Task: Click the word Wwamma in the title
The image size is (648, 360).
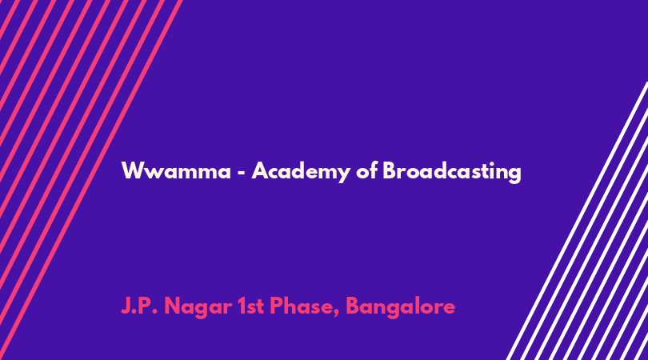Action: [176, 170]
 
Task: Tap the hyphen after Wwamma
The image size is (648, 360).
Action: [242, 172]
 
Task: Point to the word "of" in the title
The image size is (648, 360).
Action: [367, 170]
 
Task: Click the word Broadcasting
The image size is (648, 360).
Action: [452, 171]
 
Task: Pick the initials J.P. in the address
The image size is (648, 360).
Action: [139, 306]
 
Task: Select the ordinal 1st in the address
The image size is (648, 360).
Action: [251, 306]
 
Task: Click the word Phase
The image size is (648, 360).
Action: [302, 306]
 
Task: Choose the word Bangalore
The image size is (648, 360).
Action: [401, 307]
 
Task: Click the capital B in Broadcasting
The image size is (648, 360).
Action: [390, 170]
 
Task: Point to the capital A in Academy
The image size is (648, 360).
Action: [260, 170]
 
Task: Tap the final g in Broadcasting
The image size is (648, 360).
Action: [515, 174]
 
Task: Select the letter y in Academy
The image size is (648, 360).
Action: [344, 174]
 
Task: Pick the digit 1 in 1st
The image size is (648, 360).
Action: [241, 306]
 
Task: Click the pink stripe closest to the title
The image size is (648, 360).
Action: [90, 180]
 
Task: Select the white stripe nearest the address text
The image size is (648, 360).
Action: [577, 221]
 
